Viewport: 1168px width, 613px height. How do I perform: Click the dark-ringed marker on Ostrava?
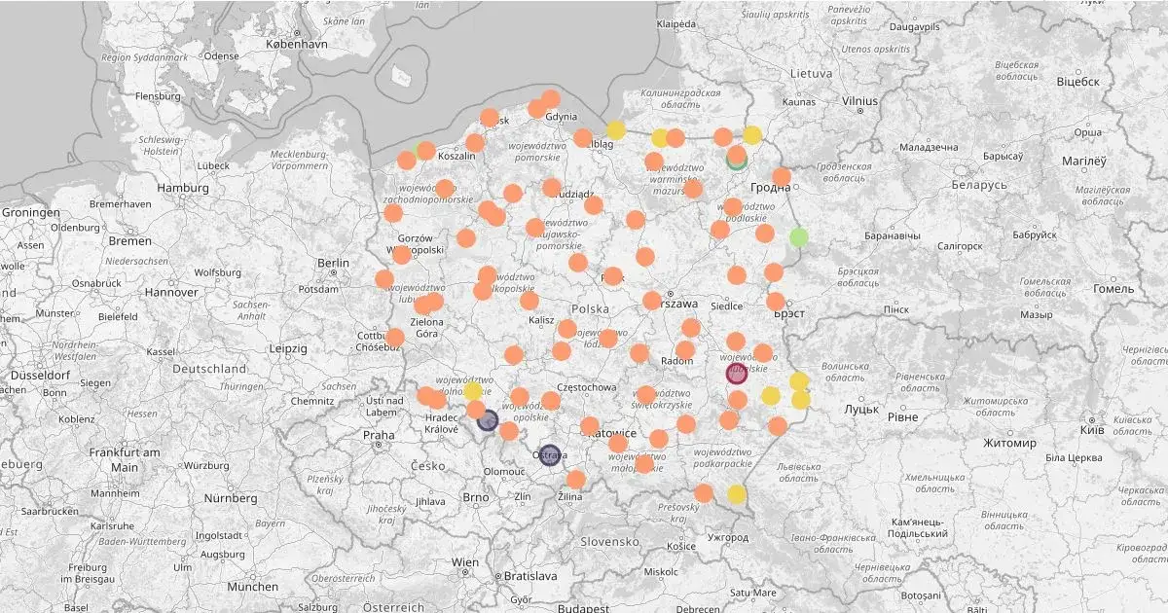tap(550, 454)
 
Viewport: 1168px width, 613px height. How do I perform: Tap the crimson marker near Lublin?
tap(737, 373)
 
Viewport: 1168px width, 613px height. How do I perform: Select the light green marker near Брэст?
tap(799, 236)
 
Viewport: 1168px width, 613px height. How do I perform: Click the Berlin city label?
tap(333, 263)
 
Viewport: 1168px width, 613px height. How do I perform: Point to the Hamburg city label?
tap(183, 188)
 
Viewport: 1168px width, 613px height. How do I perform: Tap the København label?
tap(296, 45)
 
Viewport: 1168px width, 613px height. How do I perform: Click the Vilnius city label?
tap(859, 100)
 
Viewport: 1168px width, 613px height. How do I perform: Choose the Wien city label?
tap(465, 562)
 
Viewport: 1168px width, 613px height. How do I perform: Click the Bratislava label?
tap(530, 576)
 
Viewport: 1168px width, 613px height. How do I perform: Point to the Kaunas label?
tap(798, 101)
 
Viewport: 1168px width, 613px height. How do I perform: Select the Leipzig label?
tap(288, 348)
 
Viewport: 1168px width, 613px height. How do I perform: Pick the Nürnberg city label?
tap(230, 498)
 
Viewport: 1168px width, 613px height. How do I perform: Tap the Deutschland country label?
tap(209, 370)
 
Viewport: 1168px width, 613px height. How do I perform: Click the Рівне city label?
tap(902, 416)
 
